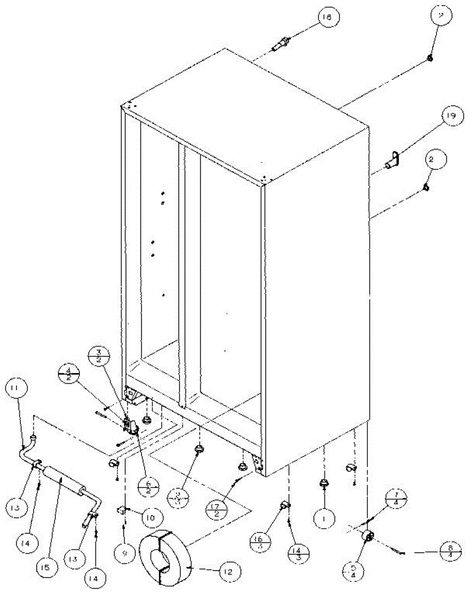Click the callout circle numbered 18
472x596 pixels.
coord(326,17)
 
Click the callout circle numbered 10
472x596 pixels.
coord(150,517)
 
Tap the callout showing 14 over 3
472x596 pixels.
coord(297,551)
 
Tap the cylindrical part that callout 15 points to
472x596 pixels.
coord(61,479)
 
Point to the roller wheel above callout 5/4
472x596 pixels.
coord(368,537)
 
